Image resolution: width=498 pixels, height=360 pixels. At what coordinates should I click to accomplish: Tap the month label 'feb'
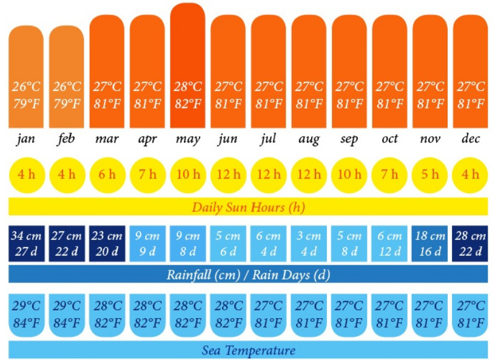67,139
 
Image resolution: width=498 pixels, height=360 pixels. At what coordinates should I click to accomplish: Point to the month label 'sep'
349,139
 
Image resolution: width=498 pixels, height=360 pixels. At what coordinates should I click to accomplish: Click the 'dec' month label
470,139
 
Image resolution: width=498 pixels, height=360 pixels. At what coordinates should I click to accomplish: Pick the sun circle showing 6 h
107,175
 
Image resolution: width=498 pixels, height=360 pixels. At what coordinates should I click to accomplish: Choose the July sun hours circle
269,175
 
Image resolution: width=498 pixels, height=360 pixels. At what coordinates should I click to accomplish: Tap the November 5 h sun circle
430,175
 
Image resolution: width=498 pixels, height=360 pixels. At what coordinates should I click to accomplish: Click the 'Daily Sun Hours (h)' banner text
248,207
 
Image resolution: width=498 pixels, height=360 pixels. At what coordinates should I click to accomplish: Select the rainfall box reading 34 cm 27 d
26,243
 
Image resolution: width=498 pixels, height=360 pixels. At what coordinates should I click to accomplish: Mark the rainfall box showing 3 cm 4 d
309,243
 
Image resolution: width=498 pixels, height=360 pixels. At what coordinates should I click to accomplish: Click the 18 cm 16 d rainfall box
430,243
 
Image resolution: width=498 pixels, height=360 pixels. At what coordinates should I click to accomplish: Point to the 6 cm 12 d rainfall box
389,243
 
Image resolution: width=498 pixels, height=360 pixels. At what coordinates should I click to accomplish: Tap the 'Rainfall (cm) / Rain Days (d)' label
248,274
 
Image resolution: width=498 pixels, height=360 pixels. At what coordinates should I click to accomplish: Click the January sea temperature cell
26,314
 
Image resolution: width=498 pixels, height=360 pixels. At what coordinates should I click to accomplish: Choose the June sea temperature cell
228,314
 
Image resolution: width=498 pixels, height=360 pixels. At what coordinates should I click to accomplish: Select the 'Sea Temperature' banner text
248,350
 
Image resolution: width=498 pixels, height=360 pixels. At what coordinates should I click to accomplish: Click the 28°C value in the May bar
187,87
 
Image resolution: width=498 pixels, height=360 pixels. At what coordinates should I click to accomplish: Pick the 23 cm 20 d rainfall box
107,243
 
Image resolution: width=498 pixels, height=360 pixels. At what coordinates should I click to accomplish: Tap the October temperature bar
389,70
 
